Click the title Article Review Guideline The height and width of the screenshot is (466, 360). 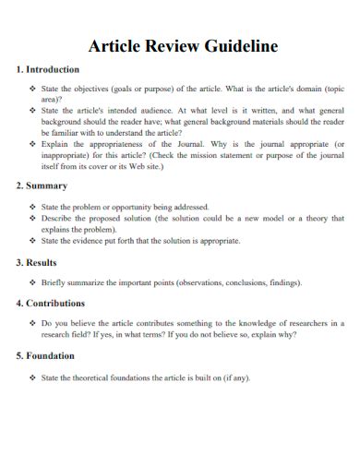coord(182,46)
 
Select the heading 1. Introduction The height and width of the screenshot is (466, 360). coord(48,70)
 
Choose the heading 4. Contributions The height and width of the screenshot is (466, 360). coord(51,303)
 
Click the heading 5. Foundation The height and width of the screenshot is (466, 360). coord(46,356)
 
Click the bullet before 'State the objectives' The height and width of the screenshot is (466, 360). coord(33,88)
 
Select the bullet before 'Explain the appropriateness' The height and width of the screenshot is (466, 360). coord(33,144)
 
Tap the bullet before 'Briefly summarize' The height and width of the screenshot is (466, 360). coord(33,282)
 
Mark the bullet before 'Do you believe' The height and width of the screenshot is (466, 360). coord(33,323)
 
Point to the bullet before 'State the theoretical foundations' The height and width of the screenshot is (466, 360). coord(33,377)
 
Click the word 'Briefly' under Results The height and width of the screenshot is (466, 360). coord(54,282)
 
